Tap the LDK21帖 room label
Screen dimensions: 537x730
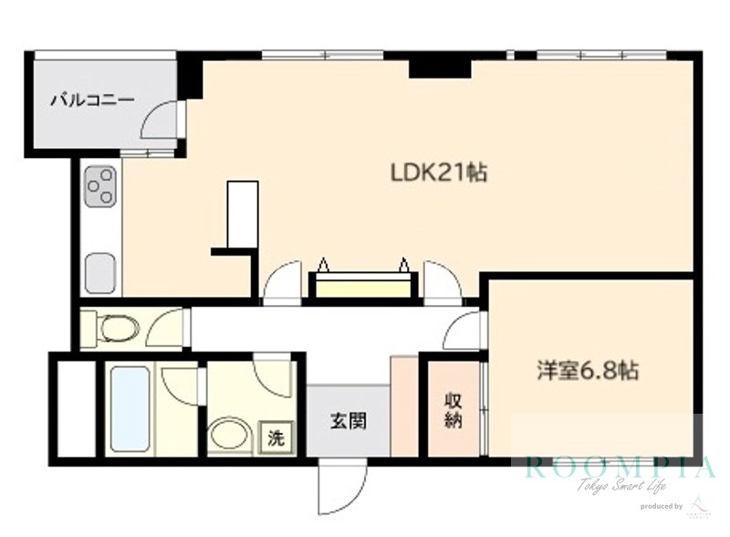[x=438, y=172]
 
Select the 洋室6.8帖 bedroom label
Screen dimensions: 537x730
[x=586, y=372]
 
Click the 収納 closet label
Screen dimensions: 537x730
[x=454, y=409]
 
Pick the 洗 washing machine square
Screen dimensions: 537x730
[x=275, y=437]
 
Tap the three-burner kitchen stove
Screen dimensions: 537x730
[x=100, y=189]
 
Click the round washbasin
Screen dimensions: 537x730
[x=228, y=436]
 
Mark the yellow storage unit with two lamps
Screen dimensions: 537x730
[x=362, y=285]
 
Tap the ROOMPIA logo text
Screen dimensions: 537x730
[x=620, y=468]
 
